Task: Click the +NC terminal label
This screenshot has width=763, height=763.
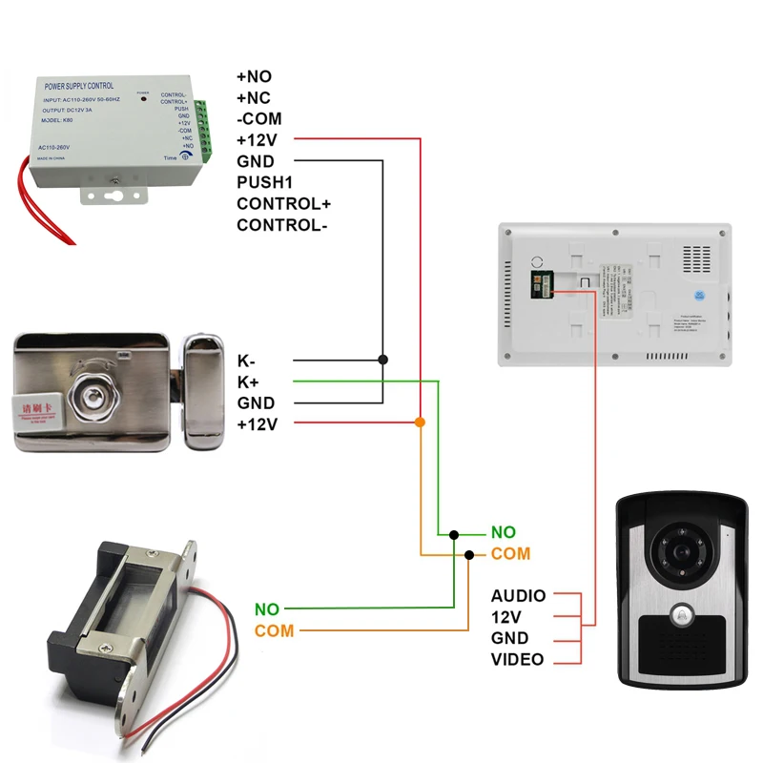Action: coord(255,96)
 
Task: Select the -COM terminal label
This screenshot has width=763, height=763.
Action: coord(260,118)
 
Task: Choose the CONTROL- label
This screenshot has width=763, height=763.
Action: coord(282,225)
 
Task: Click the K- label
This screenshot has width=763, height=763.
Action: coord(247,361)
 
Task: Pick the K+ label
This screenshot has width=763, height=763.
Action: coord(248,381)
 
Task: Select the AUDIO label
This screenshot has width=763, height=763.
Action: coord(519,596)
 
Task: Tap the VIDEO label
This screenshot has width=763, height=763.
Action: coord(518,659)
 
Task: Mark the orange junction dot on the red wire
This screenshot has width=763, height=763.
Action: coord(421,422)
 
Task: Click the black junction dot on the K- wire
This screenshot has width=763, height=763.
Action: coord(383,361)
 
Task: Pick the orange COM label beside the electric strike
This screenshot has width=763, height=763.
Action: coord(275,630)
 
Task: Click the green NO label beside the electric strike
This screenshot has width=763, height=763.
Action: coord(268,608)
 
